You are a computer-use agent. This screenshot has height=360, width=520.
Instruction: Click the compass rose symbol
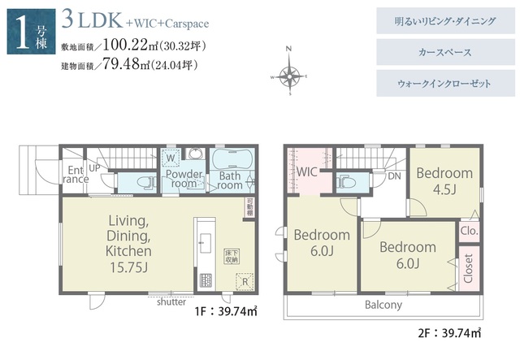pos(288,76)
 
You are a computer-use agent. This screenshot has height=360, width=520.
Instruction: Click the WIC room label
pos(308,171)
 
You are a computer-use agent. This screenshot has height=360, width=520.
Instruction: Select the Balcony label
pos(383,305)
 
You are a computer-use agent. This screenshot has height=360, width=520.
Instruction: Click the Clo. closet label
pos(469,230)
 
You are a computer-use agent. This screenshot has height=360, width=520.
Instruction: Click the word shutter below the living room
pos(172,301)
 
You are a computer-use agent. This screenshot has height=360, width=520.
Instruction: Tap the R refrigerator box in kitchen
pos(242,282)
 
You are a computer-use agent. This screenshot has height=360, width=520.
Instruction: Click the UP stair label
pos(95,167)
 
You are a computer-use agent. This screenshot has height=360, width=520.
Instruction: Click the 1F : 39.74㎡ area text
pos(225,310)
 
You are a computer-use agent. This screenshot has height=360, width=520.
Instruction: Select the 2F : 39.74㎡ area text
pos(448,332)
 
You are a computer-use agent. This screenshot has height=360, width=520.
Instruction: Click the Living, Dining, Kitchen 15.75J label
pos(128,243)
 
